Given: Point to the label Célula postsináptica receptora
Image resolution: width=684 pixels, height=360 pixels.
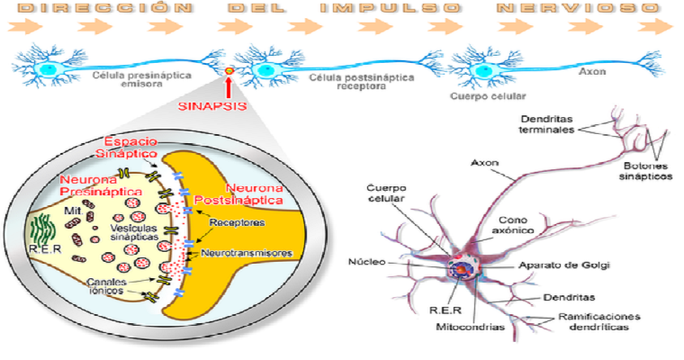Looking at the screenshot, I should click(x=348, y=84).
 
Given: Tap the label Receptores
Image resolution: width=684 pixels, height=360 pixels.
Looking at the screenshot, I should click(x=234, y=221).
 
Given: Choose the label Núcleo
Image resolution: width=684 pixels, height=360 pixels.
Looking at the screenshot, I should click(x=366, y=262).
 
